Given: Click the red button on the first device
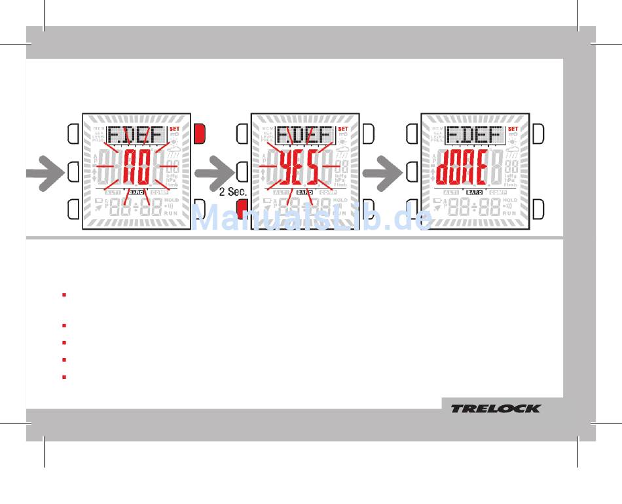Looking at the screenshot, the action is [x=200, y=134].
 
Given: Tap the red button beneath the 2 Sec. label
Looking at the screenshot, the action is [x=242, y=209].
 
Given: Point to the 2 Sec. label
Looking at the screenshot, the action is [x=232, y=193].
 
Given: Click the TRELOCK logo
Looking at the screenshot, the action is [x=496, y=408].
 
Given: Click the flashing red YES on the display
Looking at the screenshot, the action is [x=301, y=168].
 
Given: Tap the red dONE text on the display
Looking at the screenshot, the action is [x=462, y=168].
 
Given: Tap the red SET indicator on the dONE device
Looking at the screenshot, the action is [x=513, y=129].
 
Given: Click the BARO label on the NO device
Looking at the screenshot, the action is [x=136, y=192].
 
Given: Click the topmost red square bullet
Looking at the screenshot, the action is [x=64, y=295].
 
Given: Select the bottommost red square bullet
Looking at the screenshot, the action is [x=64, y=377].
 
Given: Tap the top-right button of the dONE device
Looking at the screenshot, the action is [x=538, y=134].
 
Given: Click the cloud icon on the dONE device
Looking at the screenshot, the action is [x=513, y=152].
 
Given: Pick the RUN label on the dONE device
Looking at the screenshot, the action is [x=511, y=213].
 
